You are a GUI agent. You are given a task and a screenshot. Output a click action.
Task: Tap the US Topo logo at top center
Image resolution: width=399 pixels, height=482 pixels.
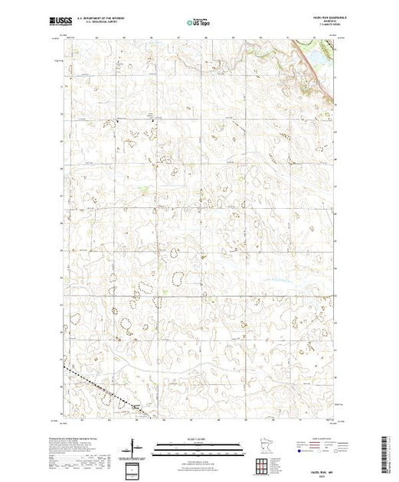[x=200, y=22]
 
